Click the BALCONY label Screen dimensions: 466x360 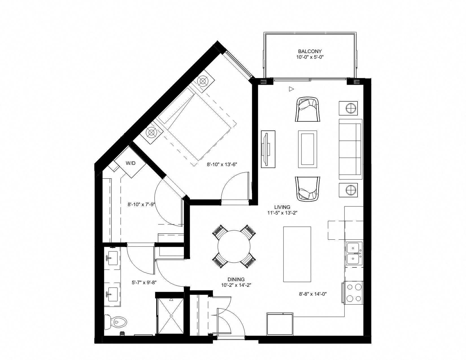click(x=310, y=51)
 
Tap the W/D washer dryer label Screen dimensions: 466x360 click(x=130, y=163)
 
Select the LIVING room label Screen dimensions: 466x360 click(x=282, y=207)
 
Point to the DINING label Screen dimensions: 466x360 click(x=236, y=279)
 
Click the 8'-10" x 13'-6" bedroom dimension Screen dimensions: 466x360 click(x=222, y=164)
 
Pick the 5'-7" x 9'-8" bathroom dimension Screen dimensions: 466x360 click(x=144, y=283)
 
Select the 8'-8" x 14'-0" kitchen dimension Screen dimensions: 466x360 click(x=313, y=294)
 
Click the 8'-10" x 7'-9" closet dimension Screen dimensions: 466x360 click(x=141, y=204)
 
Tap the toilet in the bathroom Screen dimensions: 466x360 click(x=116, y=322)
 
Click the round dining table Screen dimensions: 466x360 click(x=234, y=246)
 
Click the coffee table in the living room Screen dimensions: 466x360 click(x=307, y=149)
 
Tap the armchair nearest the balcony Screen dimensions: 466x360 click(x=308, y=109)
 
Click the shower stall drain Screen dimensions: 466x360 click(x=171, y=322)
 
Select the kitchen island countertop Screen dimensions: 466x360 click(x=297, y=254)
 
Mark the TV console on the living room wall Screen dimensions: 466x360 click(x=268, y=149)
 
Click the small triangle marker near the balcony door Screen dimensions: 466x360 click(x=291, y=89)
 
